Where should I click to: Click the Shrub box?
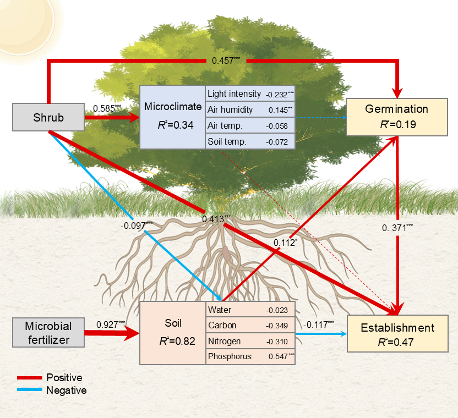pos(48,118)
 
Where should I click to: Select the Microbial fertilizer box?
pos(48,332)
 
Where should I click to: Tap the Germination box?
pos(396,116)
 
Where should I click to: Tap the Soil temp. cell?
pos(227,141)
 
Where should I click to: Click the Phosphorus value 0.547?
pos(280,356)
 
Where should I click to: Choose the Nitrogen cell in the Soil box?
pos(225,341)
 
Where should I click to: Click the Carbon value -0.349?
pos(277,326)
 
